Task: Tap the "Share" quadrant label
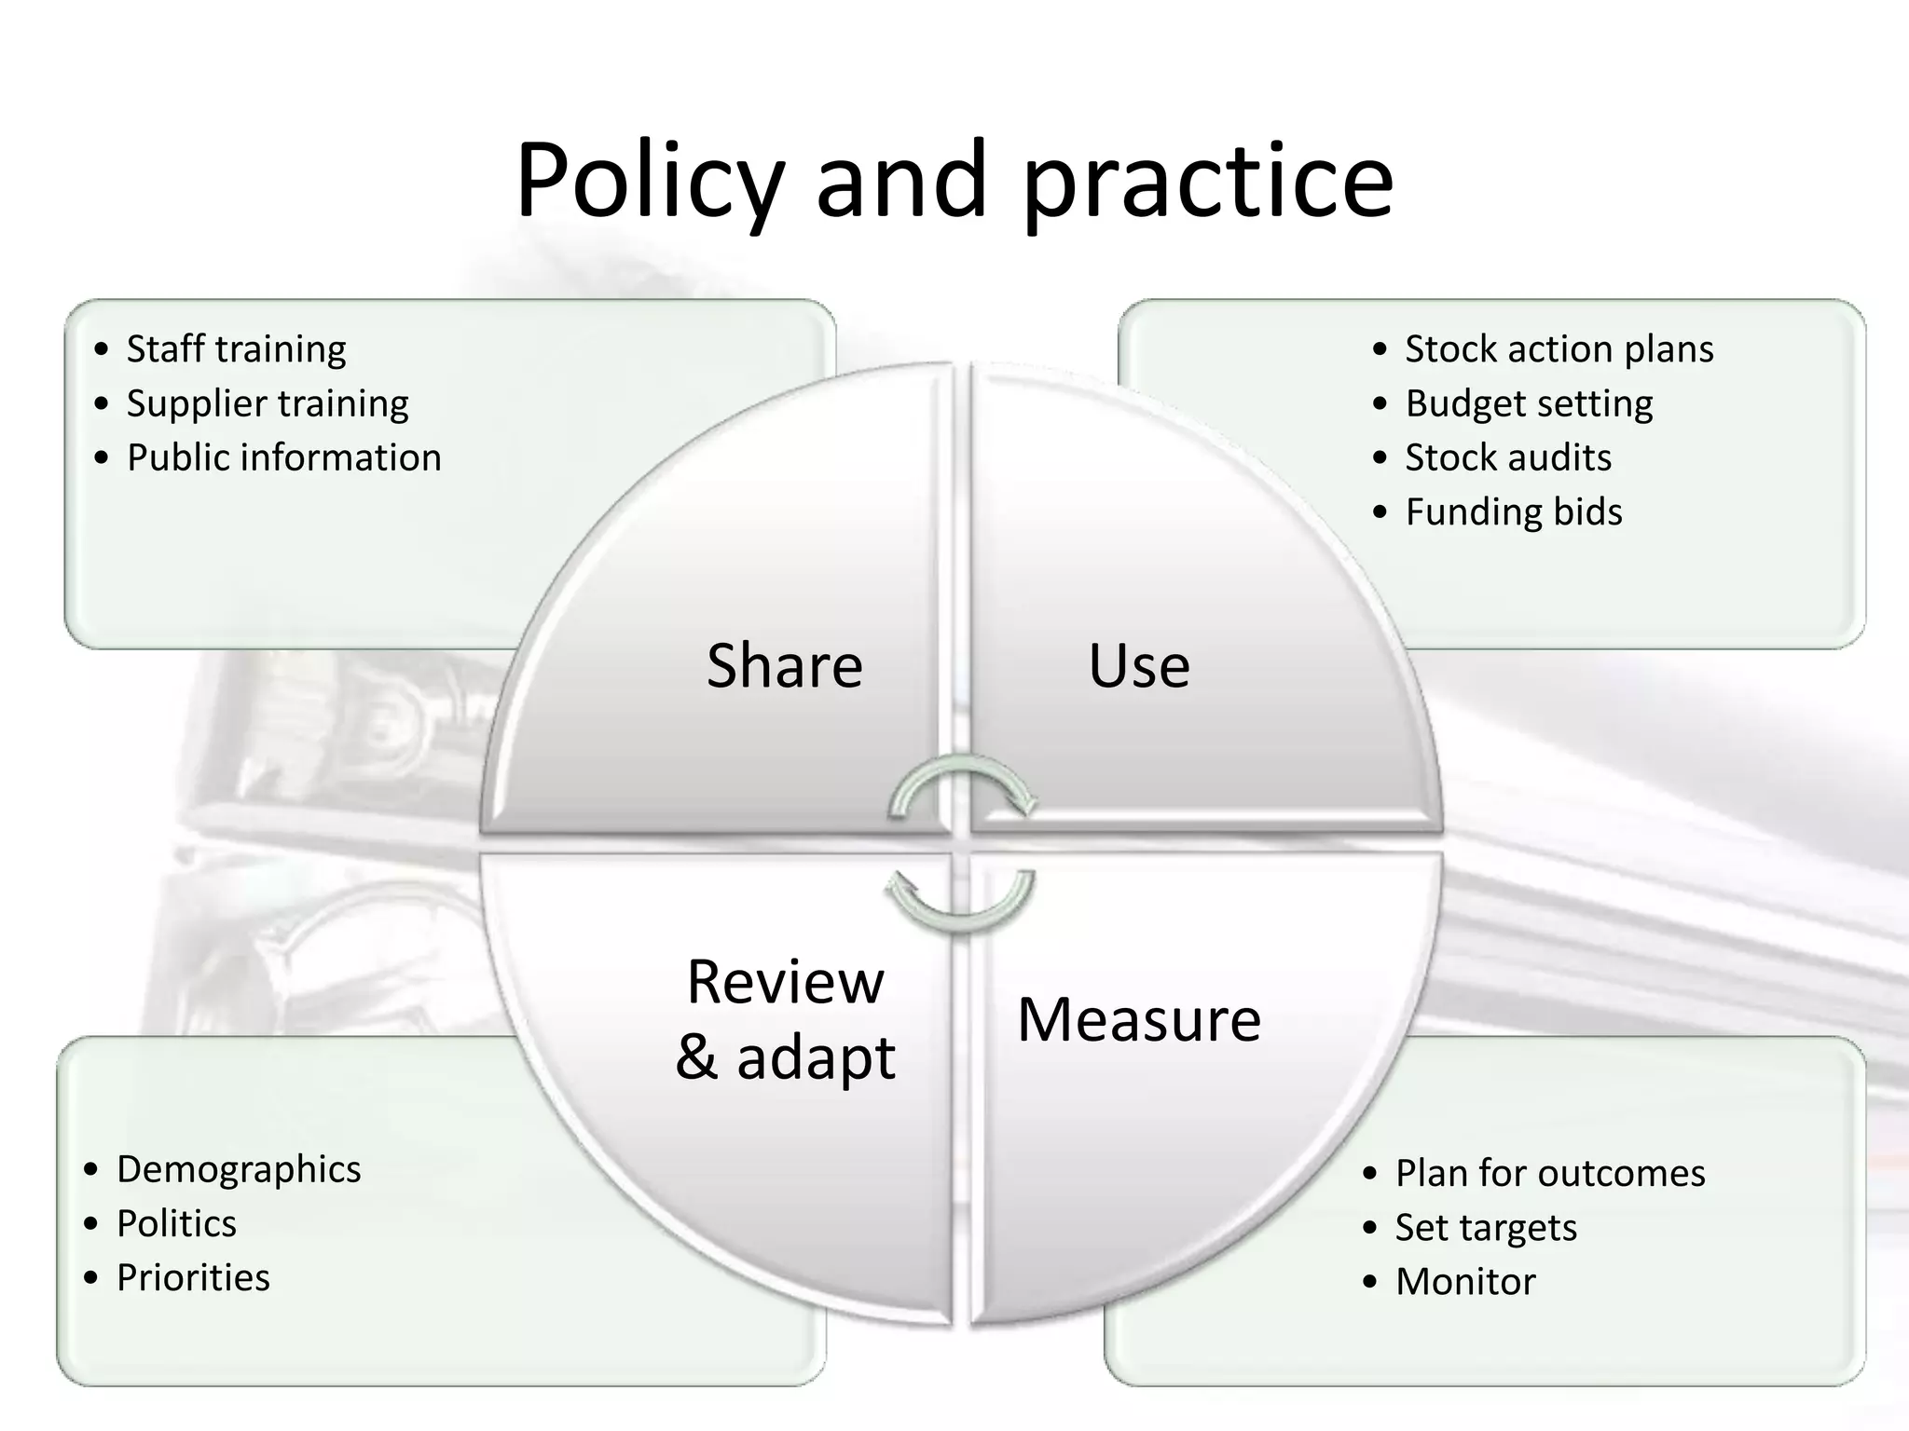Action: pyautogui.click(x=785, y=665)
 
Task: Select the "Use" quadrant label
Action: pyautogui.click(x=1139, y=665)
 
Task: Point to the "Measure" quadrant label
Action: pyautogui.click(x=1139, y=1019)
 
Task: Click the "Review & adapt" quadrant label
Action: pyautogui.click(x=785, y=1019)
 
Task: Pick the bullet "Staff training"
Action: pyautogui.click(x=236, y=348)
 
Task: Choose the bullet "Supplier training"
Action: pyautogui.click(x=268, y=403)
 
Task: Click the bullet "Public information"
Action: pyautogui.click(x=283, y=457)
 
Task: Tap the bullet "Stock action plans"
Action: pyautogui.click(x=1559, y=348)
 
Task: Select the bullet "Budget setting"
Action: pyautogui.click(x=1529, y=403)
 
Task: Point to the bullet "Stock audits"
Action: pyautogui.click(x=1508, y=457)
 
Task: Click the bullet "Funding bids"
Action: pyautogui.click(x=1514, y=511)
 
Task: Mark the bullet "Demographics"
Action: pyautogui.click(x=239, y=1169)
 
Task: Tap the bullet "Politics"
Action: pyautogui.click(x=176, y=1223)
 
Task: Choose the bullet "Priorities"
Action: pyautogui.click(x=193, y=1277)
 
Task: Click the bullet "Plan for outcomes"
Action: pyautogui.click(x=1550, y=1173)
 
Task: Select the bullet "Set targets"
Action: pyautogui.click(x=1486, y=1227)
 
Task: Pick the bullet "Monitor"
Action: pyautogui.click(x=1465, y=1281)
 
